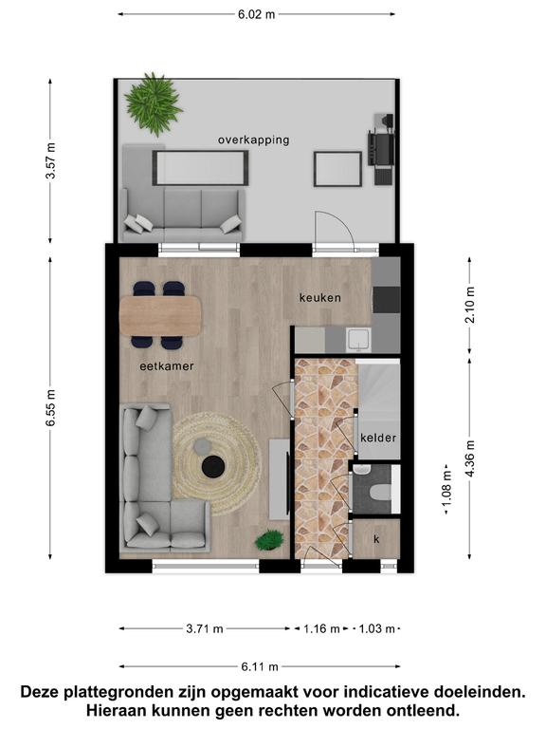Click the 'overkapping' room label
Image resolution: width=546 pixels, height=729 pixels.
click(253, 140)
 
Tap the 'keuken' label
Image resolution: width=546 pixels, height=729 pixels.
click(319, 297)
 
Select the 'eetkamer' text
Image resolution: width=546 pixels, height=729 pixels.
click(167, 365)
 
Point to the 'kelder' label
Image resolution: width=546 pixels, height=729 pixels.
click(378, 438)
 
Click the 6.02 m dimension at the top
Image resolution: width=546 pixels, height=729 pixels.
click(256, 14)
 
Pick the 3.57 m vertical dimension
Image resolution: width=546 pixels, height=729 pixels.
click(50, 160)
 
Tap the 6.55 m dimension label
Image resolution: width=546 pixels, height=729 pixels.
click(50, 408)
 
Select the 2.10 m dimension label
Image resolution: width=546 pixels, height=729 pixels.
click(470, 305)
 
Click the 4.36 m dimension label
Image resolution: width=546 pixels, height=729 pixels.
click(470, 458)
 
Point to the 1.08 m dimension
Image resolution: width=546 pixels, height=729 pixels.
click(446, 489)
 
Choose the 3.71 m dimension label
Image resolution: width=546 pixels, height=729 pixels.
click(205, 629)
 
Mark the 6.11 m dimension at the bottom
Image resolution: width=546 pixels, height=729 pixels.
click(260, 667)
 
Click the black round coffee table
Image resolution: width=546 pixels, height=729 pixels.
click(213, 466)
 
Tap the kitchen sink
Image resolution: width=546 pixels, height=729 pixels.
click(359, 340)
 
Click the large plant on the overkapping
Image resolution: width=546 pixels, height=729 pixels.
click(153, 103)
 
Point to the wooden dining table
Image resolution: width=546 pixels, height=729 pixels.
click(160, 316)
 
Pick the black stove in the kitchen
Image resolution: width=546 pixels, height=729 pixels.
click(387, 300)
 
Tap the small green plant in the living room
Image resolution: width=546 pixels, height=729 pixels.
click(269, 540)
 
